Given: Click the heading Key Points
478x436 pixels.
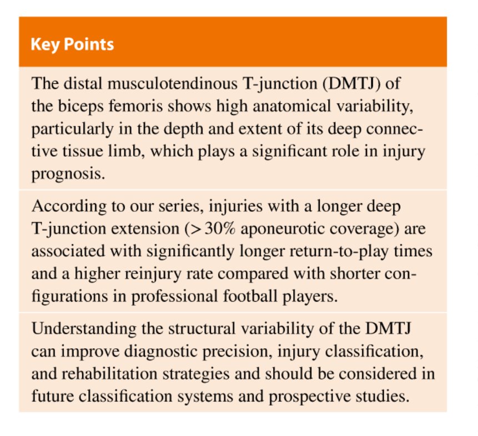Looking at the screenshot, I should click(72, 44).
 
